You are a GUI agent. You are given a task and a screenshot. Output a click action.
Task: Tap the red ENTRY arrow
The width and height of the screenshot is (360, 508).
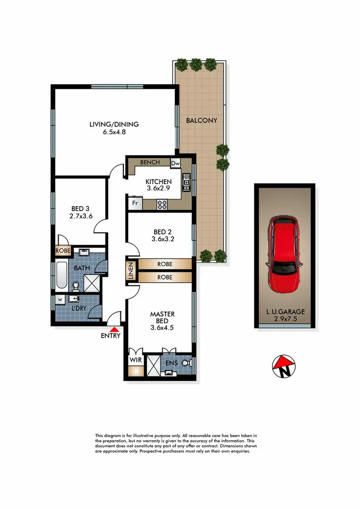[114, 330]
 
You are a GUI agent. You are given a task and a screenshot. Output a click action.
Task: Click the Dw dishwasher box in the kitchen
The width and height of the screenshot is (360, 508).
[175, 163]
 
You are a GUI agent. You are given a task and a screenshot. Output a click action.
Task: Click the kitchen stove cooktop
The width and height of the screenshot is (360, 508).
[162, 205]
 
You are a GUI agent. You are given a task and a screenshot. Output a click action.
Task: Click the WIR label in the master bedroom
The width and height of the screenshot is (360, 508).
[134, 358]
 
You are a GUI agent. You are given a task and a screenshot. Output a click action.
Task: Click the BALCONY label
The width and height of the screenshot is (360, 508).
[202, 120]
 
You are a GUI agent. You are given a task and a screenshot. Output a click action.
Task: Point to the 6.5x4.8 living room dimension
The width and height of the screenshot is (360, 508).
[114, 132]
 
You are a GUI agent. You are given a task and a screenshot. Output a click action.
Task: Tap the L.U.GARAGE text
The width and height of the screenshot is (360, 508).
[285, 311]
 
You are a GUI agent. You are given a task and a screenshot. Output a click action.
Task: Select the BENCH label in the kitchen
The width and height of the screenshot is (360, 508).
[150, 163]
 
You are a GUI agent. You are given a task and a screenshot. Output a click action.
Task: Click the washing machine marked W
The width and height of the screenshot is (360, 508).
[60, 300]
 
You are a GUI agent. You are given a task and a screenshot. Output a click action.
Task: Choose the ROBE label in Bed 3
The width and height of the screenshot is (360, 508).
[63, 250]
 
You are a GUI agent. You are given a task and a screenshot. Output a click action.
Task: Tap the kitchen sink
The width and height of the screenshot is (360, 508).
[186, 182]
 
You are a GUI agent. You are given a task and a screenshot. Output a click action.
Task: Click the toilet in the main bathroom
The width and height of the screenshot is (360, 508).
[75, 287]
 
